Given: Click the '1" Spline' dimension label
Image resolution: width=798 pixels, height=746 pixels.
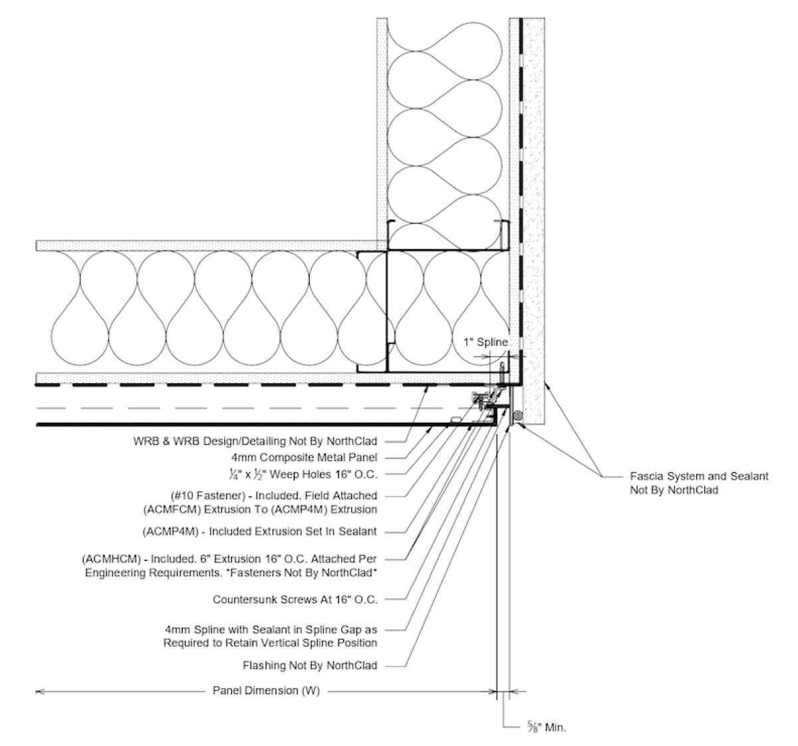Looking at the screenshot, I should (x=485, y=342).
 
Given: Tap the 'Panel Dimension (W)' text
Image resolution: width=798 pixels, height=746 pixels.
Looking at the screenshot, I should (x=266, y=691).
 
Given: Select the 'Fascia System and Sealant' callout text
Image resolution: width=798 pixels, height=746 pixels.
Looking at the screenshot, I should (x=699, y=476).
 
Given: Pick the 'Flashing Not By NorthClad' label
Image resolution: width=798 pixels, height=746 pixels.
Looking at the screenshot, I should (x=311, y=665).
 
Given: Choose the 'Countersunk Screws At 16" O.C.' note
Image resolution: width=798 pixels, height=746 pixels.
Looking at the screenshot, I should (x=295, y=600).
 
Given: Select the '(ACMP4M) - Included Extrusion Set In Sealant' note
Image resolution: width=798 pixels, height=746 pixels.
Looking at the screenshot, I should (x=260, y=531).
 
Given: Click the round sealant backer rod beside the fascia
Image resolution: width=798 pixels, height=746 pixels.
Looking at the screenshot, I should (x=517, y=416).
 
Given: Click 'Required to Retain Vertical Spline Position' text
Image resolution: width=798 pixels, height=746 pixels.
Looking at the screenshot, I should (x=270, y=643).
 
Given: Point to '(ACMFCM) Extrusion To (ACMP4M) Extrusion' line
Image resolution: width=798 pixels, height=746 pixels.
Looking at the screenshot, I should (x=260, y=510).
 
